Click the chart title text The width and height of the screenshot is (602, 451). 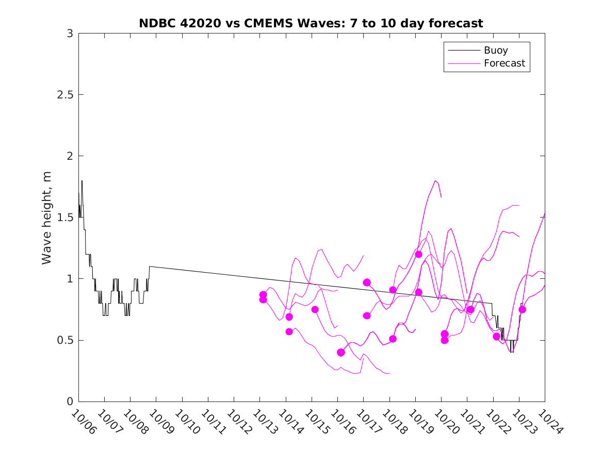(311, 23)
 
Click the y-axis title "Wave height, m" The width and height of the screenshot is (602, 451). (47, 218)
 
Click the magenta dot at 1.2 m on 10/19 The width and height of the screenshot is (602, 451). (418, 254)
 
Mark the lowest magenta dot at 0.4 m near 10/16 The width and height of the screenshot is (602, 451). (340, 352)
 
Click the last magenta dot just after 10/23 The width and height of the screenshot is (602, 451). (522, 309)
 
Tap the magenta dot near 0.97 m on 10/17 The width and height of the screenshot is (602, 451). (367, 282)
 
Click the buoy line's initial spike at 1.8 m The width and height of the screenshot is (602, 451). (82, 181)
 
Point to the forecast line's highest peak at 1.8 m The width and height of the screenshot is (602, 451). (435, 181)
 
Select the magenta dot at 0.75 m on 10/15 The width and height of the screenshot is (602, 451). (315, 309)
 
